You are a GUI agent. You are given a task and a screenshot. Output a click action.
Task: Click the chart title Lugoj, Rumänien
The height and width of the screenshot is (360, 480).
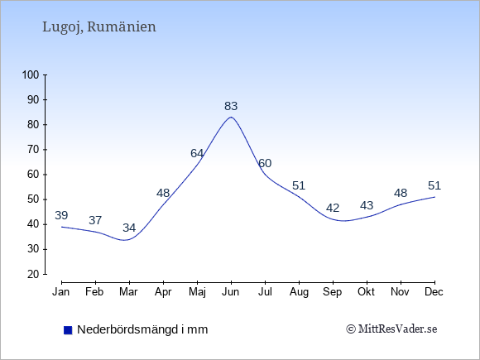[98, 27]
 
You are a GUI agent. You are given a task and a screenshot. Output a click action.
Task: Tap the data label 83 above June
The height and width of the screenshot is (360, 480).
[231, 106]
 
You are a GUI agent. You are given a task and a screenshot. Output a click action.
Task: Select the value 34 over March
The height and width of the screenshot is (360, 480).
[129, 228]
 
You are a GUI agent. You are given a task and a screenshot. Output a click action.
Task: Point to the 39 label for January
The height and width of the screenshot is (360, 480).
[61, 215]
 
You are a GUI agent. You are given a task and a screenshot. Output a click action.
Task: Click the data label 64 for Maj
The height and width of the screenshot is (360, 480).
[197, 153]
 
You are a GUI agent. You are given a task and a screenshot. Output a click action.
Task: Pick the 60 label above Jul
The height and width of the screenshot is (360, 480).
[265, 163]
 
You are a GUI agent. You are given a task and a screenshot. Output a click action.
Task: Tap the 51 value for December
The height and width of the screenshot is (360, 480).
[434, 185]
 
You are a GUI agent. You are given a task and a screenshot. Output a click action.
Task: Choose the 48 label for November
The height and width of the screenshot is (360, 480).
[401, 193]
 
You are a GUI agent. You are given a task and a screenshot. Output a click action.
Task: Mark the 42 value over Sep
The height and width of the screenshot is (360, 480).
[333, 209]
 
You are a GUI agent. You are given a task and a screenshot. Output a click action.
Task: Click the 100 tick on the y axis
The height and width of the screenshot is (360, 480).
[31, 74]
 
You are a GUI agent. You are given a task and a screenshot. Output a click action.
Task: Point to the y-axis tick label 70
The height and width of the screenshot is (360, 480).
[33, 150]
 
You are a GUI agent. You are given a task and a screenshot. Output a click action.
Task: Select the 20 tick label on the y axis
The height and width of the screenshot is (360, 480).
[33, 274]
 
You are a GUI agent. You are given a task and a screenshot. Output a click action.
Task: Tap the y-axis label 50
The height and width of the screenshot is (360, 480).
[33, 199]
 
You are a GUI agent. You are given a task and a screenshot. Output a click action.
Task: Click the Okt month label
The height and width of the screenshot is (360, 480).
[366, 292]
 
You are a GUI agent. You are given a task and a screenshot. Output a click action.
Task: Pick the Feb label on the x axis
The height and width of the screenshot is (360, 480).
[94, 292]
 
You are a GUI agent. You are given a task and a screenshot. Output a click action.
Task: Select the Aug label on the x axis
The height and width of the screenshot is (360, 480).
[299, 292]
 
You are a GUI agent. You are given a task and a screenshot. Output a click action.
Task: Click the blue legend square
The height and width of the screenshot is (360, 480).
[68, 330]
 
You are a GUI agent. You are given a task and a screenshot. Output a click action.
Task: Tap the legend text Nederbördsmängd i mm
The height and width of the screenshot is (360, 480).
[142, 329]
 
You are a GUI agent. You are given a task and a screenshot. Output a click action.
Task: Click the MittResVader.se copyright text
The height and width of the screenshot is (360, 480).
[391, 329]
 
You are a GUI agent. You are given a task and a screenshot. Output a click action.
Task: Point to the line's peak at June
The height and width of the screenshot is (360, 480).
[231, 118]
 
